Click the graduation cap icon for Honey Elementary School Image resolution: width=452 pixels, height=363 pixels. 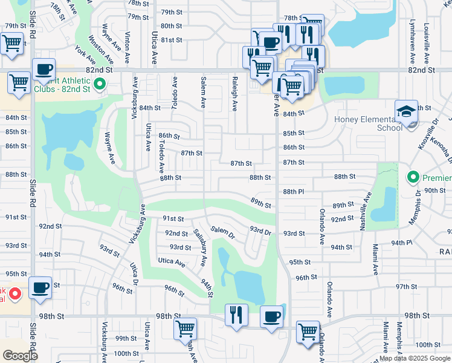point(406,111)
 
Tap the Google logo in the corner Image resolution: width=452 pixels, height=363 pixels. point(20,356)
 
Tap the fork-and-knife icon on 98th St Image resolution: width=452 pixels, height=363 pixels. point(236,315)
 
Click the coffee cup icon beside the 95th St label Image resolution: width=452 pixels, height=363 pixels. point(40,287)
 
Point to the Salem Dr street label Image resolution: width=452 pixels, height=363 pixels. point(222,232)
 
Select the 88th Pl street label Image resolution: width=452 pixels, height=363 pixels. point(294,191)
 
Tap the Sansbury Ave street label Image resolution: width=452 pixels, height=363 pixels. point(201,247)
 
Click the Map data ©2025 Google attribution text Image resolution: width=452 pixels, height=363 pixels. point(414,358)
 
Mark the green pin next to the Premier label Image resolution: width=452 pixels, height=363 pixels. point(413,178)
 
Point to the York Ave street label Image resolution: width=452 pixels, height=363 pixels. point(85,56)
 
